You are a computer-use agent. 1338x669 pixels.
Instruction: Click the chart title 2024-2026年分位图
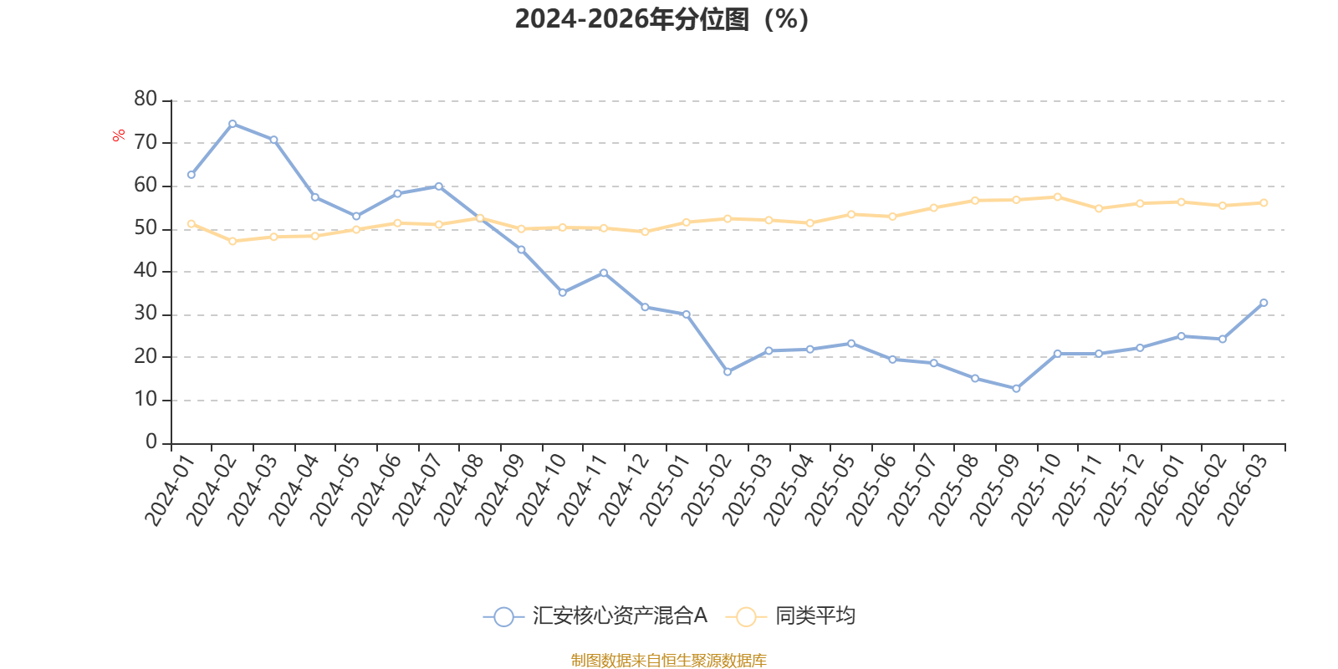661,19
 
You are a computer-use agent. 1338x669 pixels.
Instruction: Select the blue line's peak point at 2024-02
232,124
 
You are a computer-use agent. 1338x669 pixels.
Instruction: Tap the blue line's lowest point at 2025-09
1016,389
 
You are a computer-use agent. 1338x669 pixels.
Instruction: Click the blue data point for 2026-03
1264,303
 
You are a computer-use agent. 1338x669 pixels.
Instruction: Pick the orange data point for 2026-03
1264,202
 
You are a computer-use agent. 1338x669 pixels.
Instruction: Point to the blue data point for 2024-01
192,175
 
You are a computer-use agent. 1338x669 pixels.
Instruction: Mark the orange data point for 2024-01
192,223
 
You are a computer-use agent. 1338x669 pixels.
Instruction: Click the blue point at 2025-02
728,371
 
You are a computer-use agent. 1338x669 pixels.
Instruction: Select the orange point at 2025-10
1058,197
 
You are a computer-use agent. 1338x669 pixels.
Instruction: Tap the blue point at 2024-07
439,186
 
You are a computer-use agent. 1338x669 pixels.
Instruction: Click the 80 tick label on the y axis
146,100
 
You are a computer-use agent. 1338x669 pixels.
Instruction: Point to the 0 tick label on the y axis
151,442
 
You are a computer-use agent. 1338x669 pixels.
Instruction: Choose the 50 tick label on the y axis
146,228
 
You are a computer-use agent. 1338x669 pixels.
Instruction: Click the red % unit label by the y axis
120,135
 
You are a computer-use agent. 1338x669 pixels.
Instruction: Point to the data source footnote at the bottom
668,661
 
